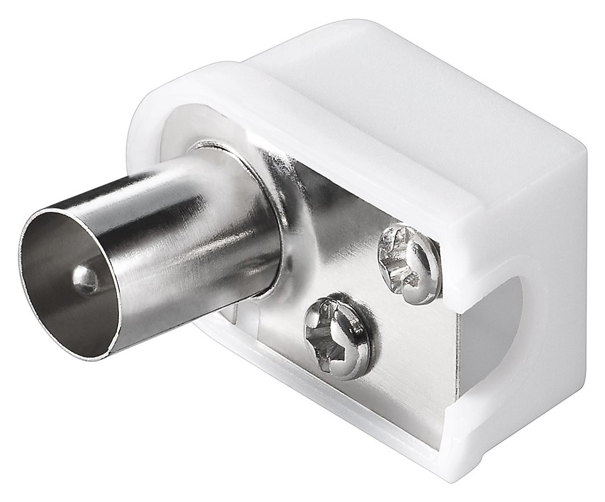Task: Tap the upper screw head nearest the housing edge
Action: pos(409,264)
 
